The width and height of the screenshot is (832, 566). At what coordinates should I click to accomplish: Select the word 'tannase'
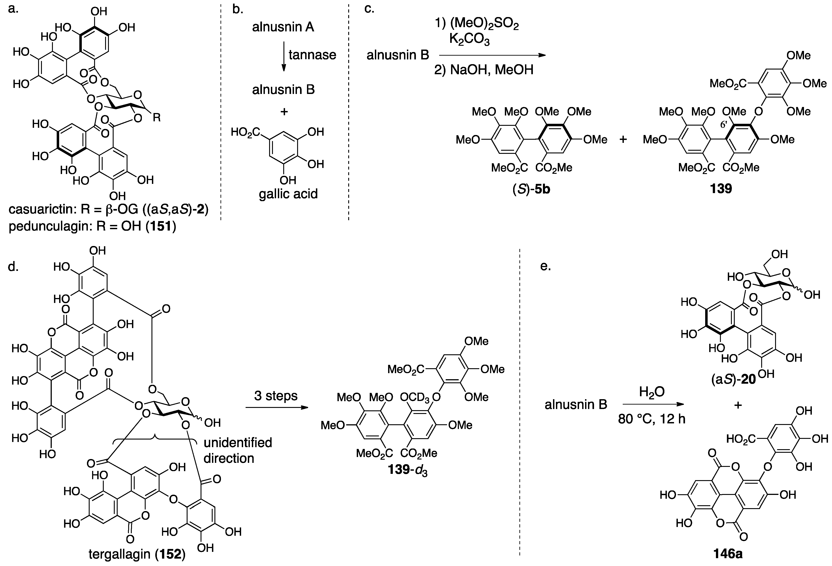point(312,55)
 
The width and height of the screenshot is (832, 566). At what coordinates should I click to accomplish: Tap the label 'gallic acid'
point(288,194)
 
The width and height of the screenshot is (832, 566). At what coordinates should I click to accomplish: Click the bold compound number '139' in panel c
point(721,189)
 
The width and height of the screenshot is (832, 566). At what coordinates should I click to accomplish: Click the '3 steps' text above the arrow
point(276,396)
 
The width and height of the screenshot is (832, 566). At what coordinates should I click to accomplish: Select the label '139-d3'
point(408,470)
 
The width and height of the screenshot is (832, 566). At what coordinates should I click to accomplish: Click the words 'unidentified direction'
point(238,450)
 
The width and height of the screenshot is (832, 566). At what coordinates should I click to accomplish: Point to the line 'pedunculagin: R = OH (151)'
point(92,227)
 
